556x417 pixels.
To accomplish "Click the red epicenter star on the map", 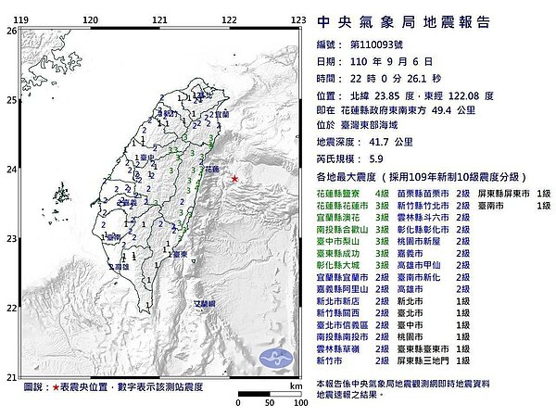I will [234, 178].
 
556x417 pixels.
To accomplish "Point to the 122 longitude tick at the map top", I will [228, 19].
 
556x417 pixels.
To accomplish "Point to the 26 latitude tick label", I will [11, 31].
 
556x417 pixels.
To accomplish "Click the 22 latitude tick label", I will [11, 309].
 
